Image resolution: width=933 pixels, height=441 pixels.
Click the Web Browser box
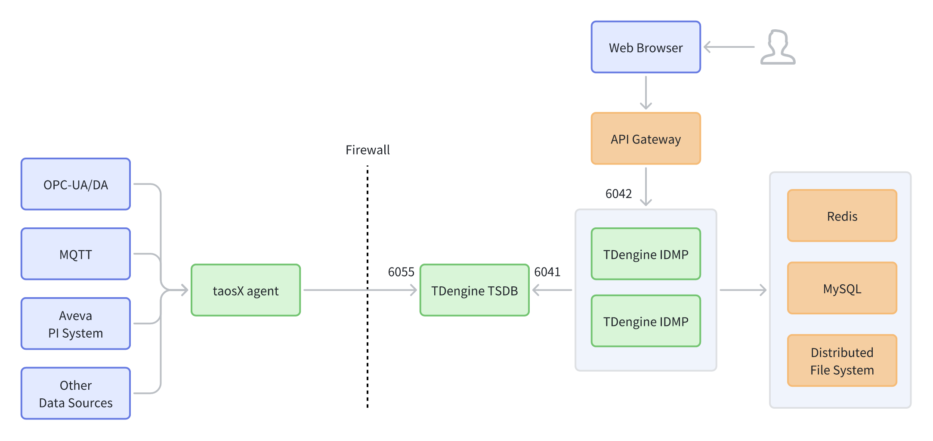(646, 47)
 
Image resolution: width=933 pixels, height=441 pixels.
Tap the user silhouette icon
(778, 47)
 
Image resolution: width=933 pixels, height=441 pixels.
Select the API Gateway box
(646, 139)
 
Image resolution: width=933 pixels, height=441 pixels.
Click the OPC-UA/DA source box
(76, 184)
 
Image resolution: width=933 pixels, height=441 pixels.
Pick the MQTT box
(76, 254)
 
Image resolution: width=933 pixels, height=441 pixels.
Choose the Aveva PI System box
(76, 324)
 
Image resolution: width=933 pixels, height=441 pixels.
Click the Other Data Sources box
(76, 393)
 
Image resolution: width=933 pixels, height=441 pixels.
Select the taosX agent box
(246, 290)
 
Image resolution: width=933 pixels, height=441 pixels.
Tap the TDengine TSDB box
(474, 290)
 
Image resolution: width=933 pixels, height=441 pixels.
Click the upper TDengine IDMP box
(646, 254)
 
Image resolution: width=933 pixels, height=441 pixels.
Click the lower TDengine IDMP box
(646, 321)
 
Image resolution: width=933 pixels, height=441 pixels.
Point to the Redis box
(842, 216)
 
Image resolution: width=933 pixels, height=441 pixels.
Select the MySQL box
(842, 288)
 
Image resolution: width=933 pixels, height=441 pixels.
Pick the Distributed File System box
(842, 361)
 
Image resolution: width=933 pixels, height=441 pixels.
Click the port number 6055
(401, 272)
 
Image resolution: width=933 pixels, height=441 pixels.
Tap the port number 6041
(547, 272)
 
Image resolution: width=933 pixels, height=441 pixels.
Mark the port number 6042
(618, 194)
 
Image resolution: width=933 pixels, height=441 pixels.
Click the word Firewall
(368, 150)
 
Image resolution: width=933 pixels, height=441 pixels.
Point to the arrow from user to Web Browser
(729, 47)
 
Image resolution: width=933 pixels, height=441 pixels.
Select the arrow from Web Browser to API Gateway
(646, 92)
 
